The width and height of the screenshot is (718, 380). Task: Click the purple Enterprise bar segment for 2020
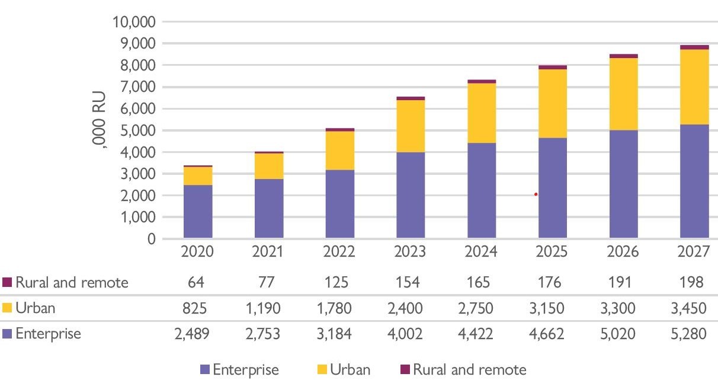click(x=198, y=212)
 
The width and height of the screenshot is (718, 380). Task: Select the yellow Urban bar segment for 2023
click(x=411, y=126)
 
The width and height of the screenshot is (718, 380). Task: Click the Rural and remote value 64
click(x=198, y=282)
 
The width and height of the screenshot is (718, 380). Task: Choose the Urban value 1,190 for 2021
click(x=269, y=308)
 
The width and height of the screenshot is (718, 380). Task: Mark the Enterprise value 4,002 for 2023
click(x=411, y=334)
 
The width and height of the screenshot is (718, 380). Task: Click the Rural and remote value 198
click(x=694, y=282)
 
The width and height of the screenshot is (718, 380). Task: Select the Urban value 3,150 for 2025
click(x=552, y=308)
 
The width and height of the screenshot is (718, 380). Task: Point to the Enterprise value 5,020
click(x=623, y=334)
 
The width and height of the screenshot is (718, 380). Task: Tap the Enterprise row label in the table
click(x=47, y=334)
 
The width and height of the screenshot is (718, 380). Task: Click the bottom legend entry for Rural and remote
click(x=468, y=370)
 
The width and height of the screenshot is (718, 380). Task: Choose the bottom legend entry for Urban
click(x=350, y=370)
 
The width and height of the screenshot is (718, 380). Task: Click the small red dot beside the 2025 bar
click(x=536, y=194)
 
